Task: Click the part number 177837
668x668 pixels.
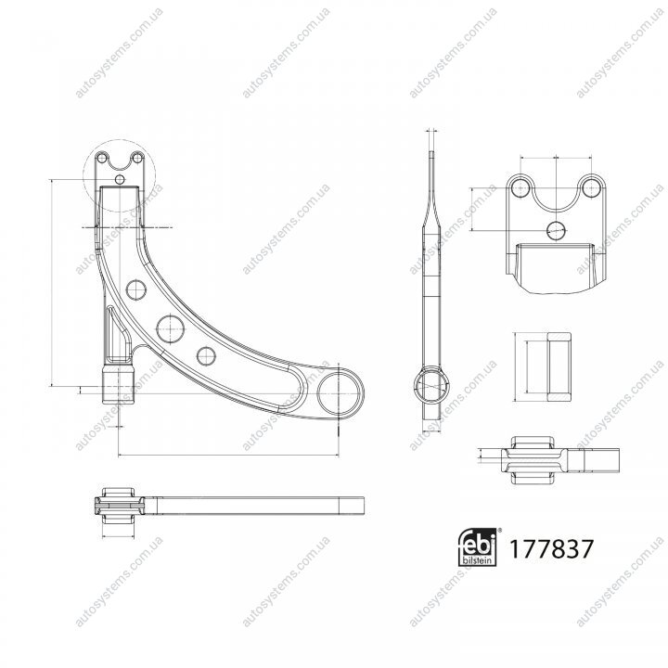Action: click(x=551, y=548)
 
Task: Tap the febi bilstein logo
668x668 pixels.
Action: click(x=477, y=547)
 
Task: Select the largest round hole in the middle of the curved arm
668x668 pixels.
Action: click(x=170, y=328)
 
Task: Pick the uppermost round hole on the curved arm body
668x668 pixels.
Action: click(x=136, y=290)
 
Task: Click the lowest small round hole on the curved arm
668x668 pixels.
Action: click(x=206, y=355)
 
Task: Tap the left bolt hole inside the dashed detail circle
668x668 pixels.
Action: click(x=102, y=159)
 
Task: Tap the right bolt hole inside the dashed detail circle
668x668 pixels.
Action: click(x=136, y=159)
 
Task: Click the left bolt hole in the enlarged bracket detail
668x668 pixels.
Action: click(x=520, y=187)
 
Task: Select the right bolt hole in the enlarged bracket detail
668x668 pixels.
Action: click(x=591, y=187)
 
